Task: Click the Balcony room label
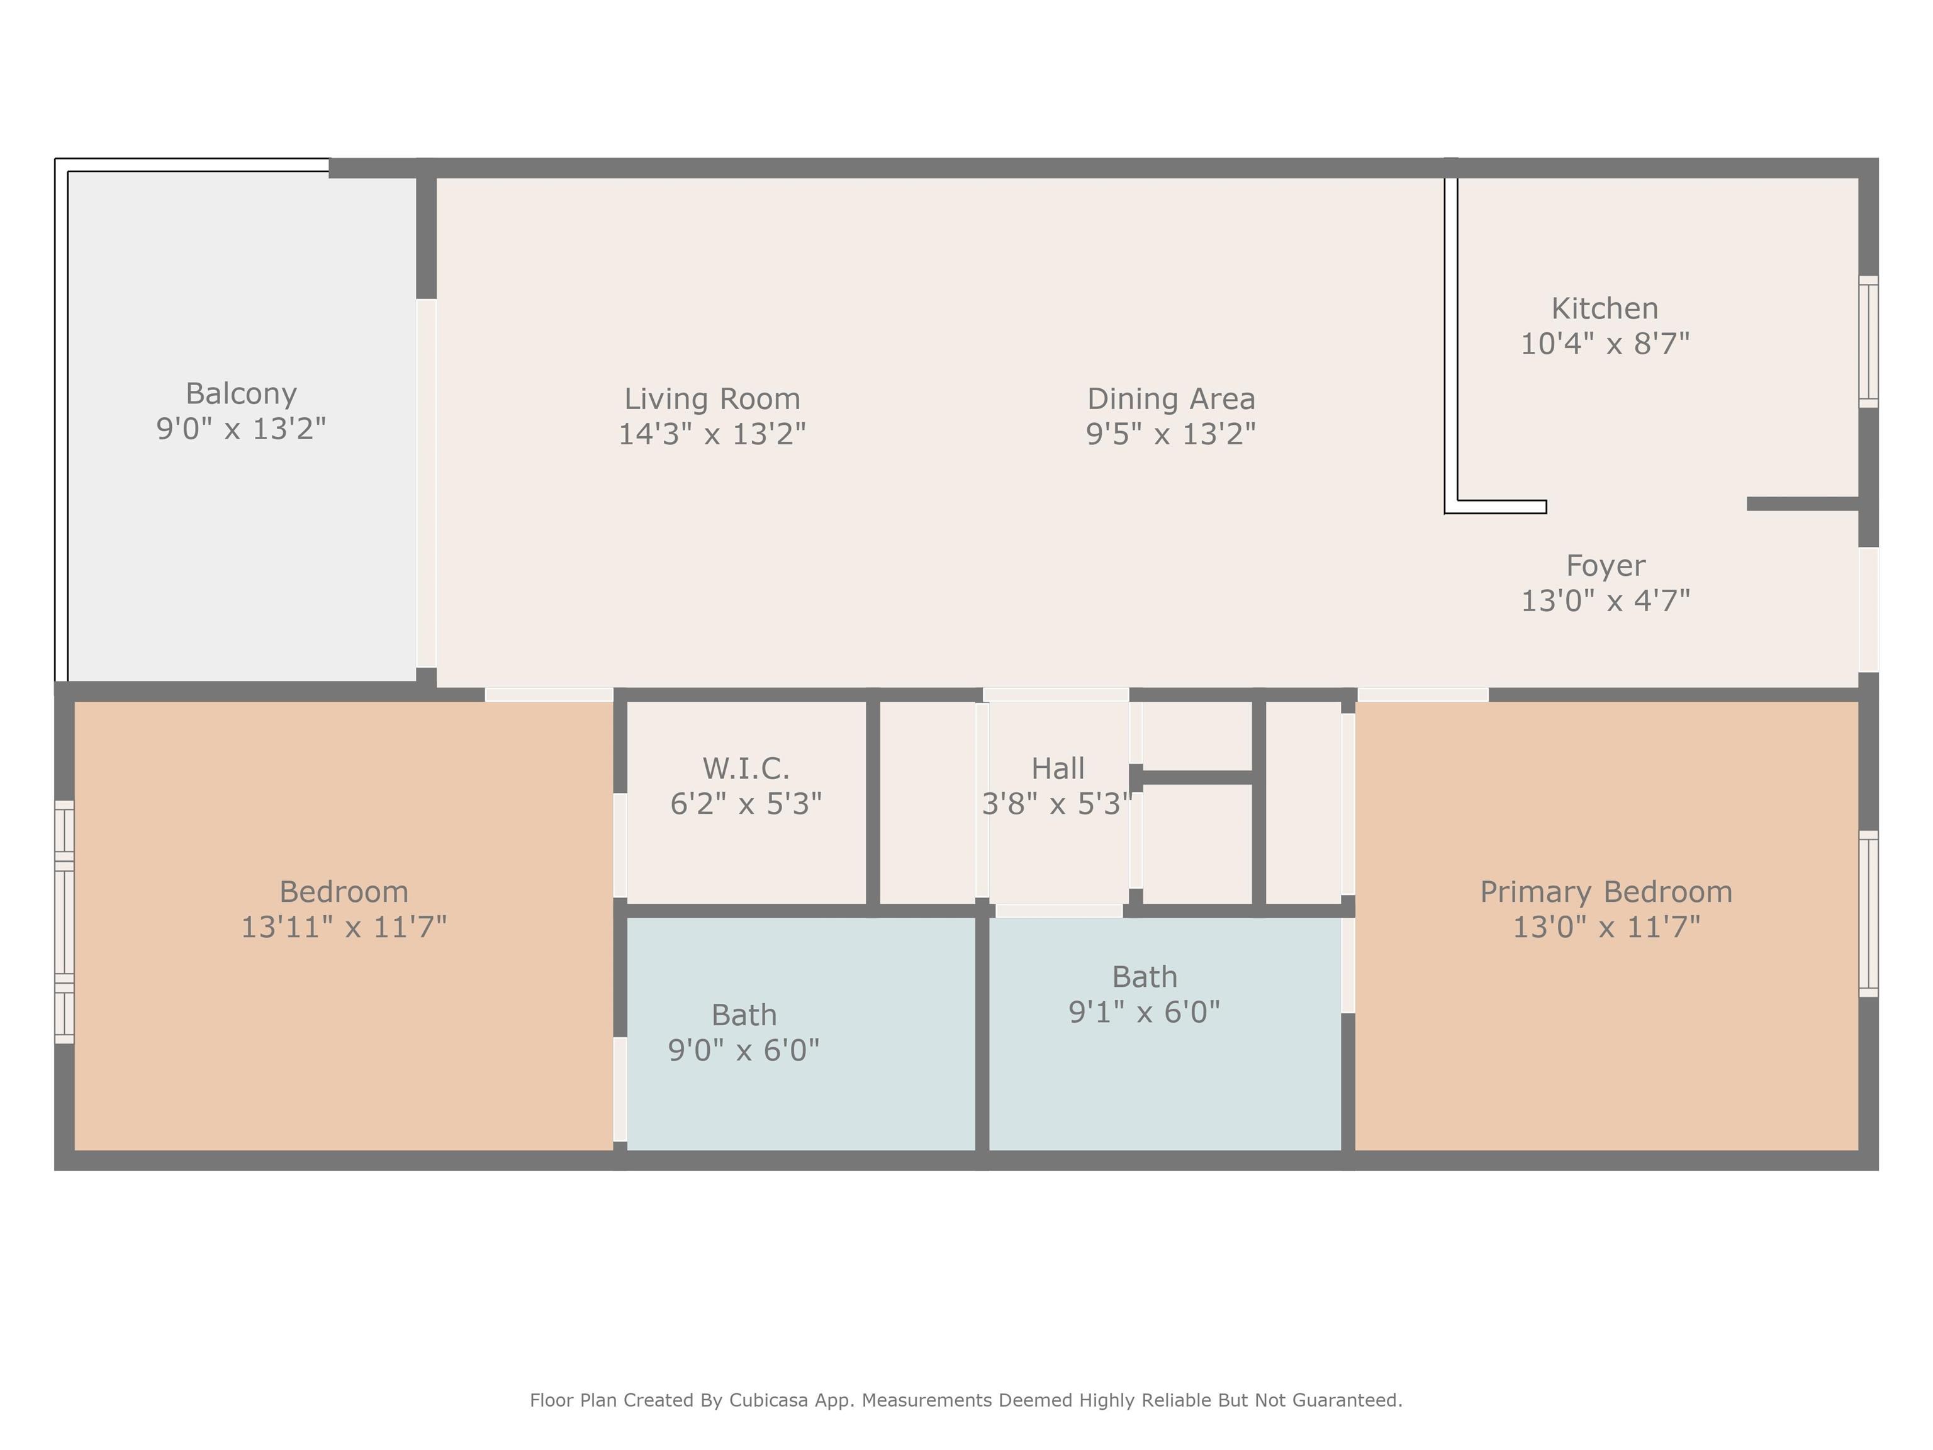coord(241,394)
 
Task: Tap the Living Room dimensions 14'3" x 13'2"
coord(712,434)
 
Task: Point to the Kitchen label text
coord(1605,308)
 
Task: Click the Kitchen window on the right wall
coord(1868,342)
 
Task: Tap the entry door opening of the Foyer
coord(1868,609)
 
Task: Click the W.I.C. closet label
coord(746,768)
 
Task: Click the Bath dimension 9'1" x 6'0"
coord(1144,1012)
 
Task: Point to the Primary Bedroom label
coord(1606,892)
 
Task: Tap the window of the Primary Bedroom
coord(1868,913)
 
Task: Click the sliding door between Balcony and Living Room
coord(427,483)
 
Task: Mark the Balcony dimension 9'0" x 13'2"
coord(241,429)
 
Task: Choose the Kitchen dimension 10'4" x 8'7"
coord(1605,344)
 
